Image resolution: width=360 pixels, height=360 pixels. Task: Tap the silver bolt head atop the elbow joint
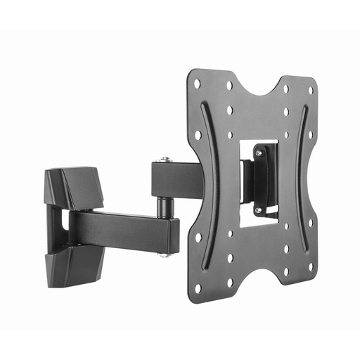(165, 160)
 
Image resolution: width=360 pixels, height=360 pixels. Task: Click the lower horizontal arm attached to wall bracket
(120, 229)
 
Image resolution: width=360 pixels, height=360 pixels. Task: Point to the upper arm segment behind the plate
(176, 179)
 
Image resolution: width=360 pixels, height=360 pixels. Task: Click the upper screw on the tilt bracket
(258, 151)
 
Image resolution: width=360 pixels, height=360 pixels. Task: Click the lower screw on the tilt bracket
(258, 210)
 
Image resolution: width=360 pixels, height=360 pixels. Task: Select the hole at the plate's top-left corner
(198, 83)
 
